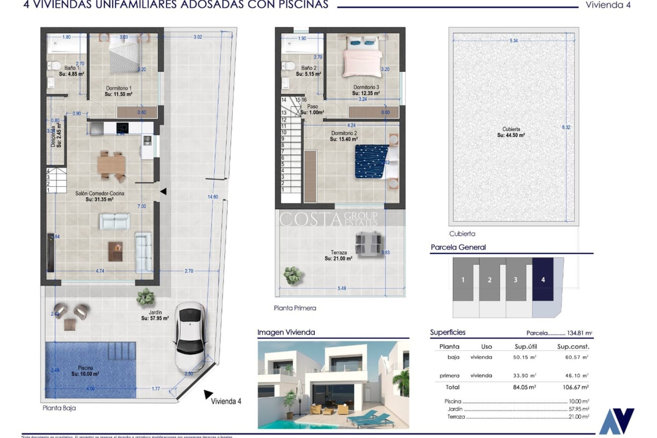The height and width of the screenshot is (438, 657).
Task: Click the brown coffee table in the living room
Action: pyautogui.click(x=115, y=251)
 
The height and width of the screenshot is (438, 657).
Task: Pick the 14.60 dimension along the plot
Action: pyautogui.click(x=213, y=197)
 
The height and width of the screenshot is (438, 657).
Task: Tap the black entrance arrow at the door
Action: pyautogui.click(x=163, y=192)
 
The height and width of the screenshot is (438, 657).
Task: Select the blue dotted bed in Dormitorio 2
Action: pyautogui.click(x=372, y=162)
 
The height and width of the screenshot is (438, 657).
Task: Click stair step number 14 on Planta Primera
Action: pyautogui.click(x=284, y=100)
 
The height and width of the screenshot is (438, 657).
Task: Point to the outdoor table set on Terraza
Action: pyautogui.click(x=368, y=243)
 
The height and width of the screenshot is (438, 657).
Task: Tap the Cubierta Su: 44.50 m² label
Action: pyautogui.click(x=511, y=132)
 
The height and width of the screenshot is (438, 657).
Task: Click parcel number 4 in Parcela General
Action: pyautogui.click(x=543, y=280)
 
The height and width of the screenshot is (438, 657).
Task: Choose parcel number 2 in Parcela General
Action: pyautogui.click(x=489, y=280)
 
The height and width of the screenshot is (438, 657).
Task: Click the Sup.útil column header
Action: pyautogui.click(x=526, y=347)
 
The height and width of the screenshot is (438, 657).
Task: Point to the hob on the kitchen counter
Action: pyautogui.click(x=122, y=128)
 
